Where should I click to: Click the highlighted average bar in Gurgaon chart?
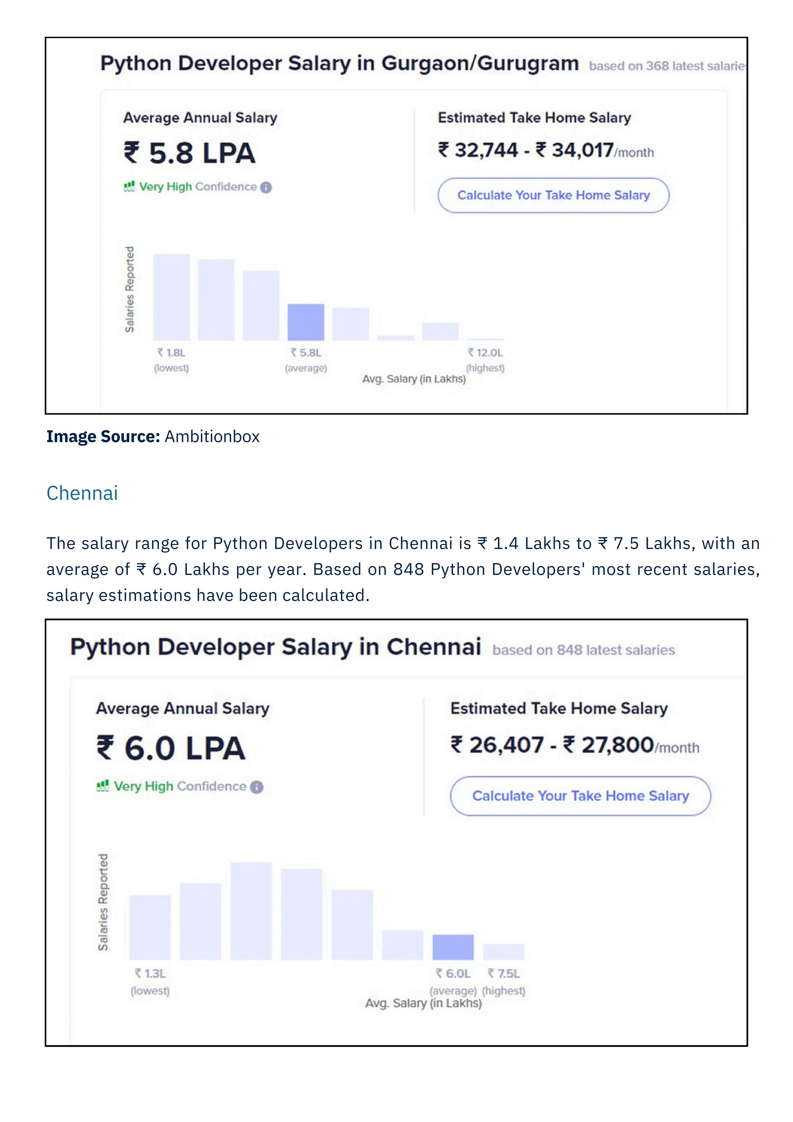tap(306, 322)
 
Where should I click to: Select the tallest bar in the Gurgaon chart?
tap(172, 297)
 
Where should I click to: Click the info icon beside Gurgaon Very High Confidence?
tap(266, 188)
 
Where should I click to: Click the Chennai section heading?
tap(82, 493)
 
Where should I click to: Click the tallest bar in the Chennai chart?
tap(251, 911)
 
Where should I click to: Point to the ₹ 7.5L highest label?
tap(503, 974)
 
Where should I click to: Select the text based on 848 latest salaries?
tap(584, 650)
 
